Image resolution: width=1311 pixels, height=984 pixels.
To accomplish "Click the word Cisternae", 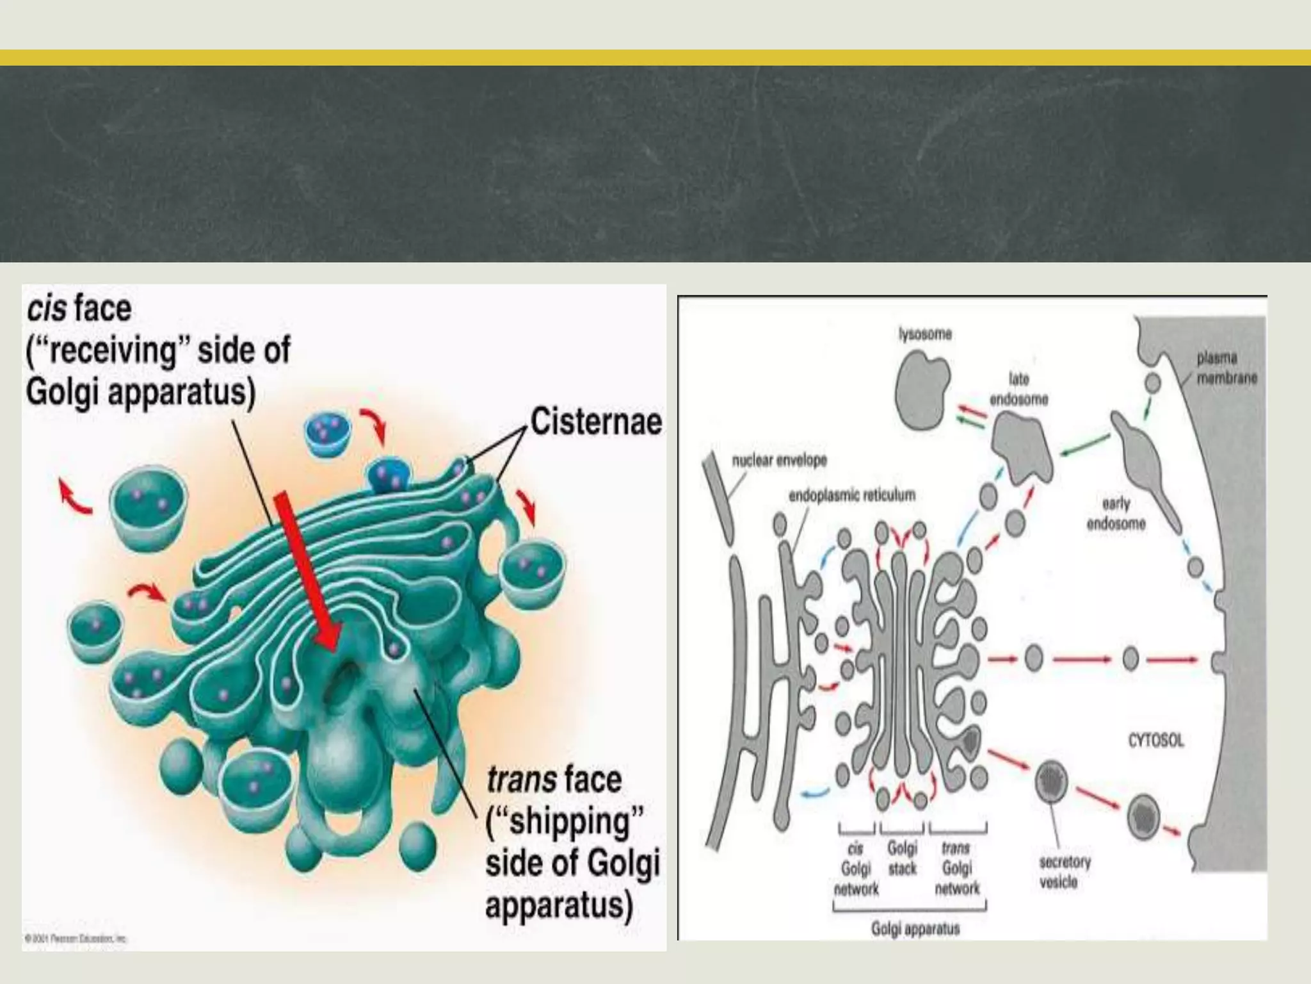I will click(595, 422).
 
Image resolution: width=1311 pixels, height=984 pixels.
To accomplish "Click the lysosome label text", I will click(925, 334).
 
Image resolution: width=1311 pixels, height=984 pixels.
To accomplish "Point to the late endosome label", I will click(1018, 389).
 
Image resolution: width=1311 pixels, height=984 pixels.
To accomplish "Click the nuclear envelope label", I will click(779, 460).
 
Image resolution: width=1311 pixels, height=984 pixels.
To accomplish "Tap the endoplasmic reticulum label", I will click(851, 495).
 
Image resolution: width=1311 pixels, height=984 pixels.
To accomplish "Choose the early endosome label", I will click(1116, 513).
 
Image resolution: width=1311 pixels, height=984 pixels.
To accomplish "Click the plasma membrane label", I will click(1227, 368).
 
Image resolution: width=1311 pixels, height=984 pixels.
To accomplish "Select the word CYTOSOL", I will click(1155, 741).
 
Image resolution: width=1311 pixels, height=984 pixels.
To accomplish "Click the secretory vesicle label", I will click(1065, 872).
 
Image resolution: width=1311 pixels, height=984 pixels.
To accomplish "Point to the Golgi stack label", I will click(902, 858).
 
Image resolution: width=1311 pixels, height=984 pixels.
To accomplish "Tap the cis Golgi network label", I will click(856, 869).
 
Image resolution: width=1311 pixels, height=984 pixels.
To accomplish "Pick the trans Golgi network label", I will click(957, 869).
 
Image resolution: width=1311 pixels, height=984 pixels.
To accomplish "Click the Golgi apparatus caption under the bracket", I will click(915, 928).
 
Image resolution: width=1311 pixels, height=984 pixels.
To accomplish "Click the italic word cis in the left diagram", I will click(47, 309).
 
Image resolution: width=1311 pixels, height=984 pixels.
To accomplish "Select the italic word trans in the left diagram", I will click(521, 780).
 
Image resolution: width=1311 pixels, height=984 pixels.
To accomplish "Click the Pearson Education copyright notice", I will click(76, 939).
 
